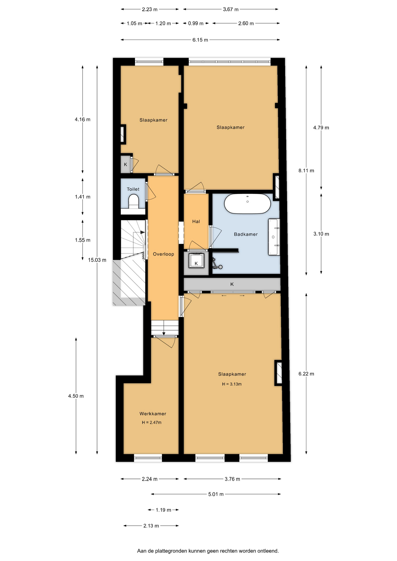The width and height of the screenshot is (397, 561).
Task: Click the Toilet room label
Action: pos(133,189)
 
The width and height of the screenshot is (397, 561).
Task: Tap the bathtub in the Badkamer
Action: pos(247,203)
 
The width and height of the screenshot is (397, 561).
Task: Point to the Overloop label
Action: pos(163,254)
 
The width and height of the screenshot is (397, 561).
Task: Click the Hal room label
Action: pos(196,221)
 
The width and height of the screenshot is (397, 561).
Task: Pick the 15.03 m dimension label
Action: pos(97,260)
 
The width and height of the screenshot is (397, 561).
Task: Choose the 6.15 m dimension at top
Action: pos(200,40)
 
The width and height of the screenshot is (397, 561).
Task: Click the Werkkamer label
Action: pos(153,414)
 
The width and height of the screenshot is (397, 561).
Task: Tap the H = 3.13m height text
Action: pos(232,384)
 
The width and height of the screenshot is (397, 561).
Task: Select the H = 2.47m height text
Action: pos(152,423)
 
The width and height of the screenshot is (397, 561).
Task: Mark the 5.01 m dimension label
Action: pos(216,494)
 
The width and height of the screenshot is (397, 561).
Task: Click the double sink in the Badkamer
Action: pos(274,237)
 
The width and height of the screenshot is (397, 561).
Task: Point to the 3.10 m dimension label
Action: pos(321,234)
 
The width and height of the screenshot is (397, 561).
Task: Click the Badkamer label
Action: pos(246,234)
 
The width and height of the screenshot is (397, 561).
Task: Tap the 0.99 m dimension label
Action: pos(196,23)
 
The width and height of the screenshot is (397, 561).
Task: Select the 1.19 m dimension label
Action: pos(163,510)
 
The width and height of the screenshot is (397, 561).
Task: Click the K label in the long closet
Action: pos(232,284)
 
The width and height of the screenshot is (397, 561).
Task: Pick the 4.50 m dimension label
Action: pos(76,396)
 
